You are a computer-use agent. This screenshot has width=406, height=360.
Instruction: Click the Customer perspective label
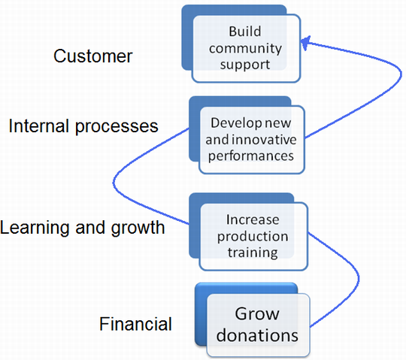pos(93,56)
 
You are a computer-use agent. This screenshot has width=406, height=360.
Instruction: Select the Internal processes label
pos(83,126)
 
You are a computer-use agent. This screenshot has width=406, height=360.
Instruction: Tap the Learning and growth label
pos(83,228)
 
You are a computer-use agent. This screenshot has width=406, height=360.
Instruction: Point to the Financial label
pos(135,324)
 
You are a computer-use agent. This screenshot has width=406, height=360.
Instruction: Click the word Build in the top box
pos(245,32)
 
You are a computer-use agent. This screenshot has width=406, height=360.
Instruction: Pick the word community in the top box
pos(245,48)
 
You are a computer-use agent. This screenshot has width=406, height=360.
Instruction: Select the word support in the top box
pos(245,65)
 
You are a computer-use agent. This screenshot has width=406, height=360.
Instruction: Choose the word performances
pos(251,156)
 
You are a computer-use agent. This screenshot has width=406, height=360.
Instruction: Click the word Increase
pos(253,219)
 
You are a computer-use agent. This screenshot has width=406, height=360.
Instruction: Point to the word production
pos(253,237)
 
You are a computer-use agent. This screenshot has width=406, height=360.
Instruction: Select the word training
pos(253,253)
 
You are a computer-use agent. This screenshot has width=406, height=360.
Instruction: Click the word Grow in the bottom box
pos(257,314)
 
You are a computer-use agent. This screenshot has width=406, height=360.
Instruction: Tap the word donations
pos(257,335)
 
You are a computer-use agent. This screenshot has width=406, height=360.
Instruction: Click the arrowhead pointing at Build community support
pos(305,43)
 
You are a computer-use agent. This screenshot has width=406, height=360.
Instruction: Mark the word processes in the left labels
pos(117,127)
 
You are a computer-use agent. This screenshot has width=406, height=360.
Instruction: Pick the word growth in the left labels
pos(138,228)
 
